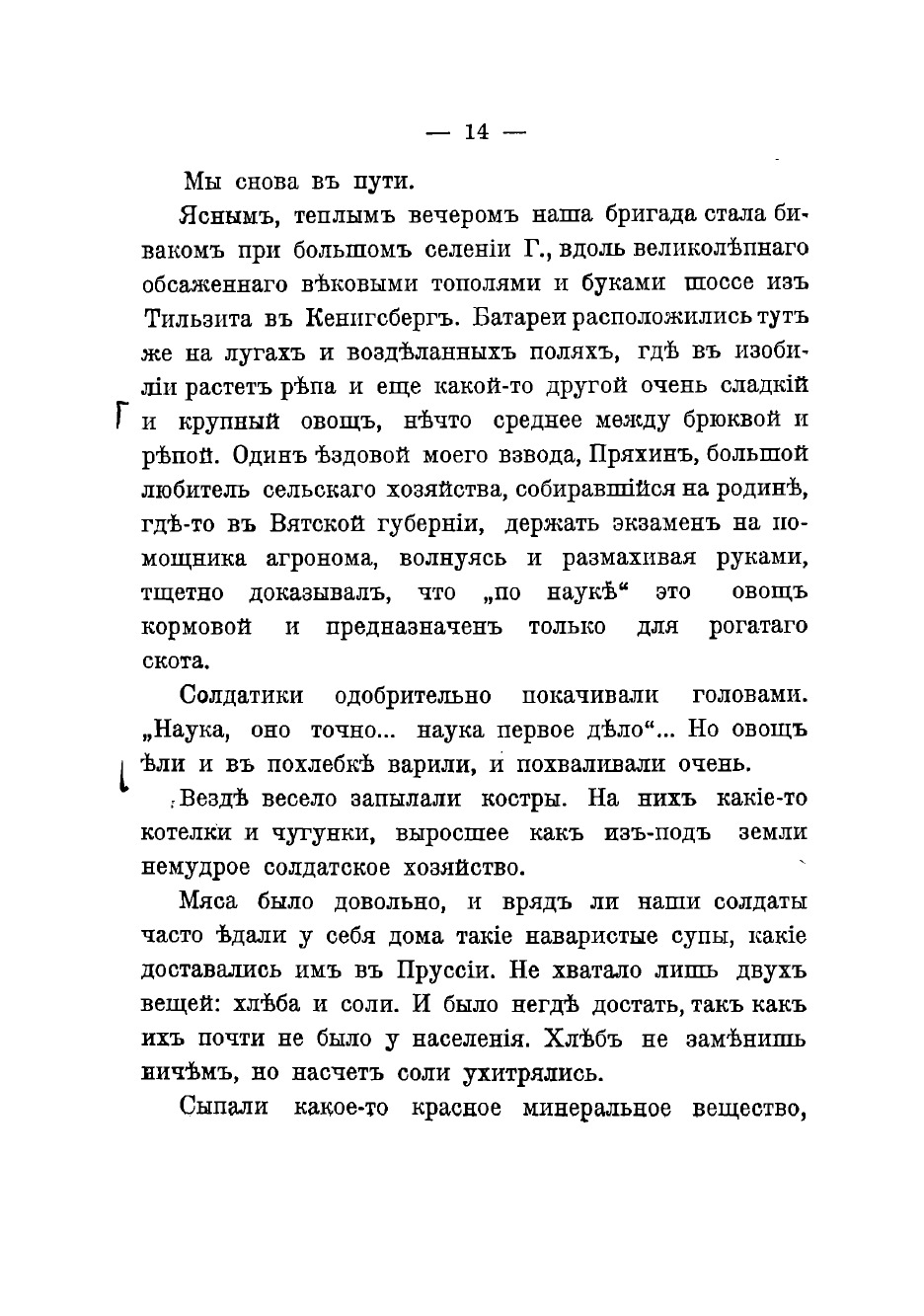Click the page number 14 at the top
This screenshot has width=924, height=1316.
tap(476, 133)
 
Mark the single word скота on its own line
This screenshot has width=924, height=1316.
tap(175, 660)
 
